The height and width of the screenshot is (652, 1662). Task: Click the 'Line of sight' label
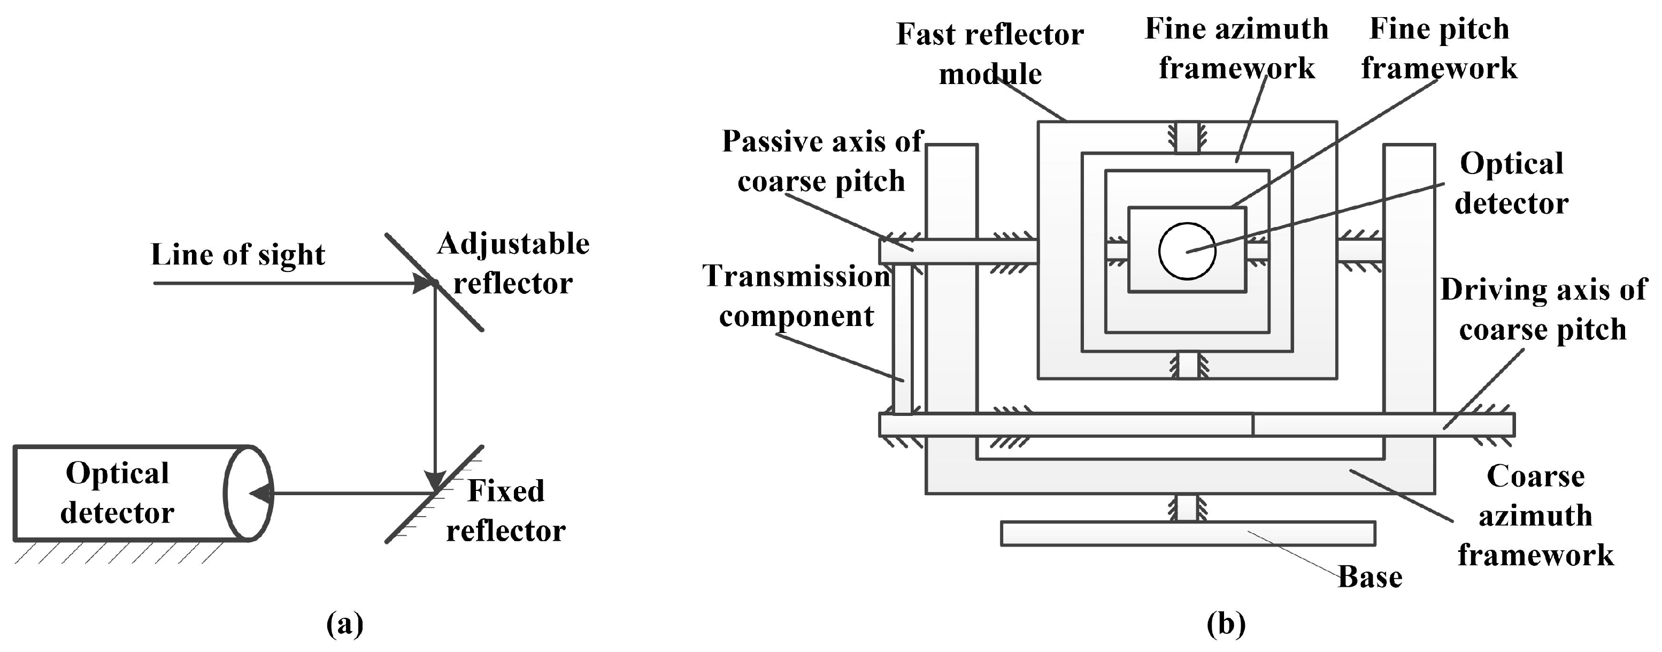click(237, 255)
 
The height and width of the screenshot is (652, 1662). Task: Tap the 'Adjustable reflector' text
click(513, 263)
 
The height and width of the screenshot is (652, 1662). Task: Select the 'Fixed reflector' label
click(506, 511)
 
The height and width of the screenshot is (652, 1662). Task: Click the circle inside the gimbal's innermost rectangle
click(1187, 251)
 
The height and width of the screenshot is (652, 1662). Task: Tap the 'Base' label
click(1369, 577)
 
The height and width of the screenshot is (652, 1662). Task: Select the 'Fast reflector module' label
click(990, 54)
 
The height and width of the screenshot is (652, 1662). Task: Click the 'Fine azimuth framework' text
click(1236, 48)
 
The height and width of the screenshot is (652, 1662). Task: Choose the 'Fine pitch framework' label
click(1439, 48)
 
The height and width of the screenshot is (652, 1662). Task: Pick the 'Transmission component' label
click(796, 297)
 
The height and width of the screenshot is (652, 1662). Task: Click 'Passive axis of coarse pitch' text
click(822, 161)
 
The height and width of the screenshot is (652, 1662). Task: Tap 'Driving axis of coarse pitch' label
click(1543, 309)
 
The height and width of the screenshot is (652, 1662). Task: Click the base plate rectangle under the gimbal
click(1187, 533)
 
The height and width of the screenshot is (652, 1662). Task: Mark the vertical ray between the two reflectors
click(435, 388)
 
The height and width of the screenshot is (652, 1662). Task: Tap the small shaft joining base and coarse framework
click(1187, 508)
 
